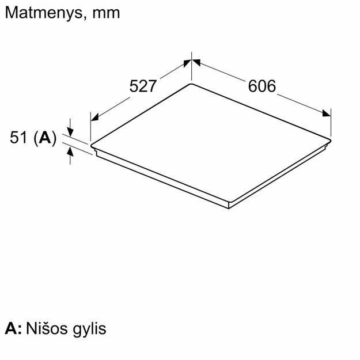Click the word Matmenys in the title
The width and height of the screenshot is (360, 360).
pos(44,13)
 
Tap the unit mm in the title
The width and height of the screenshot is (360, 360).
pos(106,14)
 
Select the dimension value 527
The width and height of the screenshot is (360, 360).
pos(143,86)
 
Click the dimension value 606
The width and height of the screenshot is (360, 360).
pos(262,86)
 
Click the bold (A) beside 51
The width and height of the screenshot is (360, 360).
pos(45,138)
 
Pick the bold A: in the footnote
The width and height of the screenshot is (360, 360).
pos(13,328)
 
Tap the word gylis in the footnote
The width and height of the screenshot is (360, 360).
pos(89,329)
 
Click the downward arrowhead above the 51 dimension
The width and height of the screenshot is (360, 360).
pos(70,132)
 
